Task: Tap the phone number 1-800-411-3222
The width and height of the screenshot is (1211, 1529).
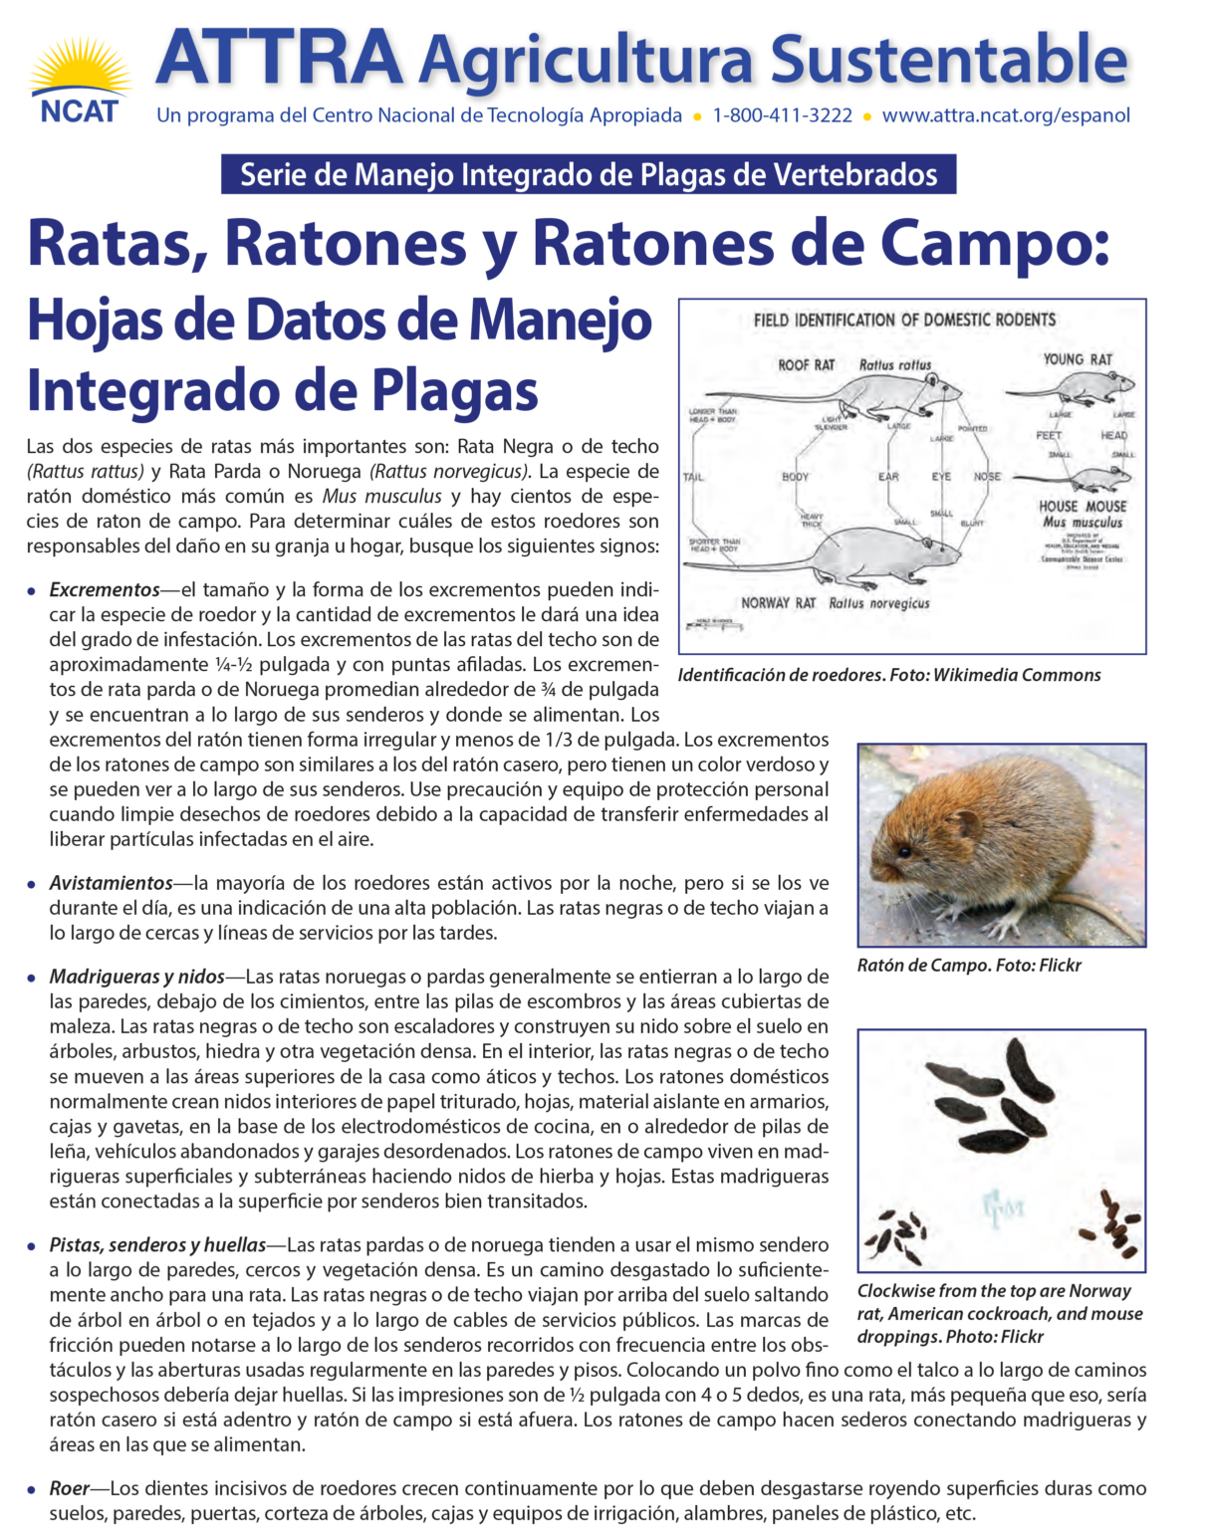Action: click(782, 115)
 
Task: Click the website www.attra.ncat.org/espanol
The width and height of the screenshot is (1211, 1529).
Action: click(1006, 115)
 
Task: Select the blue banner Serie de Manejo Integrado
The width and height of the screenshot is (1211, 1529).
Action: click(589, 175)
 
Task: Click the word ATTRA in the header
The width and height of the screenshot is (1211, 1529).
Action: click(280, 58)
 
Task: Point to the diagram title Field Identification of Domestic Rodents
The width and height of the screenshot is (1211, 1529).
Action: click(904, 320)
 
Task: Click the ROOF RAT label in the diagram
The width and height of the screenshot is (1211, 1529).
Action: click(806, 365)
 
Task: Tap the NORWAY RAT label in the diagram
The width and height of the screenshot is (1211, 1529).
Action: click(778, 603)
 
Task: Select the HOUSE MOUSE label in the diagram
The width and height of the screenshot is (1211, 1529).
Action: click(1083, 507)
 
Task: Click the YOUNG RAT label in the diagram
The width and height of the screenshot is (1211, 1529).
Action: click(1078, 359)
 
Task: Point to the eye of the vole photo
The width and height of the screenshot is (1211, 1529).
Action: click(903, 852)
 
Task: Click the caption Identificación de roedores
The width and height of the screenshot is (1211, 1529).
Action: click(889, 675)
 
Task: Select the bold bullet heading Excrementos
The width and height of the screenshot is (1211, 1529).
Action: click(105, 590)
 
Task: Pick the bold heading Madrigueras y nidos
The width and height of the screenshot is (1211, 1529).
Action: click(137, 977)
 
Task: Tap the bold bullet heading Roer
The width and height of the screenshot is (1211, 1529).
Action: click(70, 1489)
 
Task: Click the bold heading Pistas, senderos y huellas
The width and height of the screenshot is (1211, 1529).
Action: click(158, 1245)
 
